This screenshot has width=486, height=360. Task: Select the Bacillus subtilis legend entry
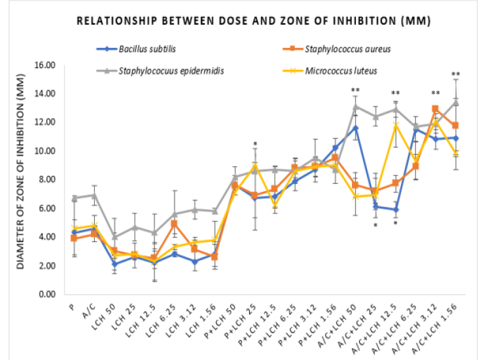(x=148, y=48)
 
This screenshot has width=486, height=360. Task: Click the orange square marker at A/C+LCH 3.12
(x=435, y=109)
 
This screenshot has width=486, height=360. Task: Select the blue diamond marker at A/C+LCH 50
(x=355, y=128)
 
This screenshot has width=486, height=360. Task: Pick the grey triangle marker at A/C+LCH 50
(x=355, y=106)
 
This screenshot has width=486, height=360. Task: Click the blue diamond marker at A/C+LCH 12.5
(x=395, y=209)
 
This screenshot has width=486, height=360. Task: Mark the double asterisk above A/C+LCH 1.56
(x=455, y=74)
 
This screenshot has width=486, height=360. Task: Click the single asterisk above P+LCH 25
(x=255, y=144)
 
